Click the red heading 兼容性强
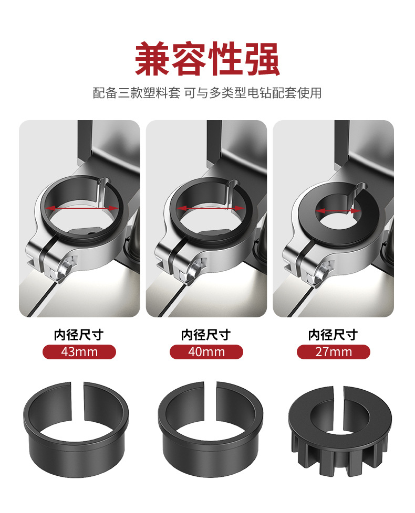207,59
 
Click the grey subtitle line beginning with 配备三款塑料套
207,93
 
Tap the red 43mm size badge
79,351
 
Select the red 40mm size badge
206,351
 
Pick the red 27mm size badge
334,351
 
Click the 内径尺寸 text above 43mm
79,335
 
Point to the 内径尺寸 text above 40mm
206,335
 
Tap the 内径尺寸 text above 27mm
334,335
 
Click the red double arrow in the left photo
81,208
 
